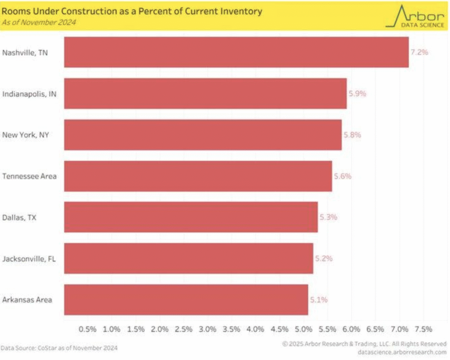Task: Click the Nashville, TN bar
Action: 236,52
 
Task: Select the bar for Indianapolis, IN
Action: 205,94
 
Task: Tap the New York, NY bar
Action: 203,135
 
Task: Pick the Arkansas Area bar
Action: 186,300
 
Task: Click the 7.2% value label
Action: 419,52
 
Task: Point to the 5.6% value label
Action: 342,176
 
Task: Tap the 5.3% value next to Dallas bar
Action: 328,217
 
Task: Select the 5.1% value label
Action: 319,300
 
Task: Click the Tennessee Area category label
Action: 29,176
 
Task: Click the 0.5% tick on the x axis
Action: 87,329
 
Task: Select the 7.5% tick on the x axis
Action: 423,329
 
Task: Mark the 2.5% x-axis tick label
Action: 184,329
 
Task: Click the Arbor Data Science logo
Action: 415,17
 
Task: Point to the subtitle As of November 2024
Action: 39,22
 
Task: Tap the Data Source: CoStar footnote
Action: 59,348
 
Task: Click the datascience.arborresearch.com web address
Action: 402,352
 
